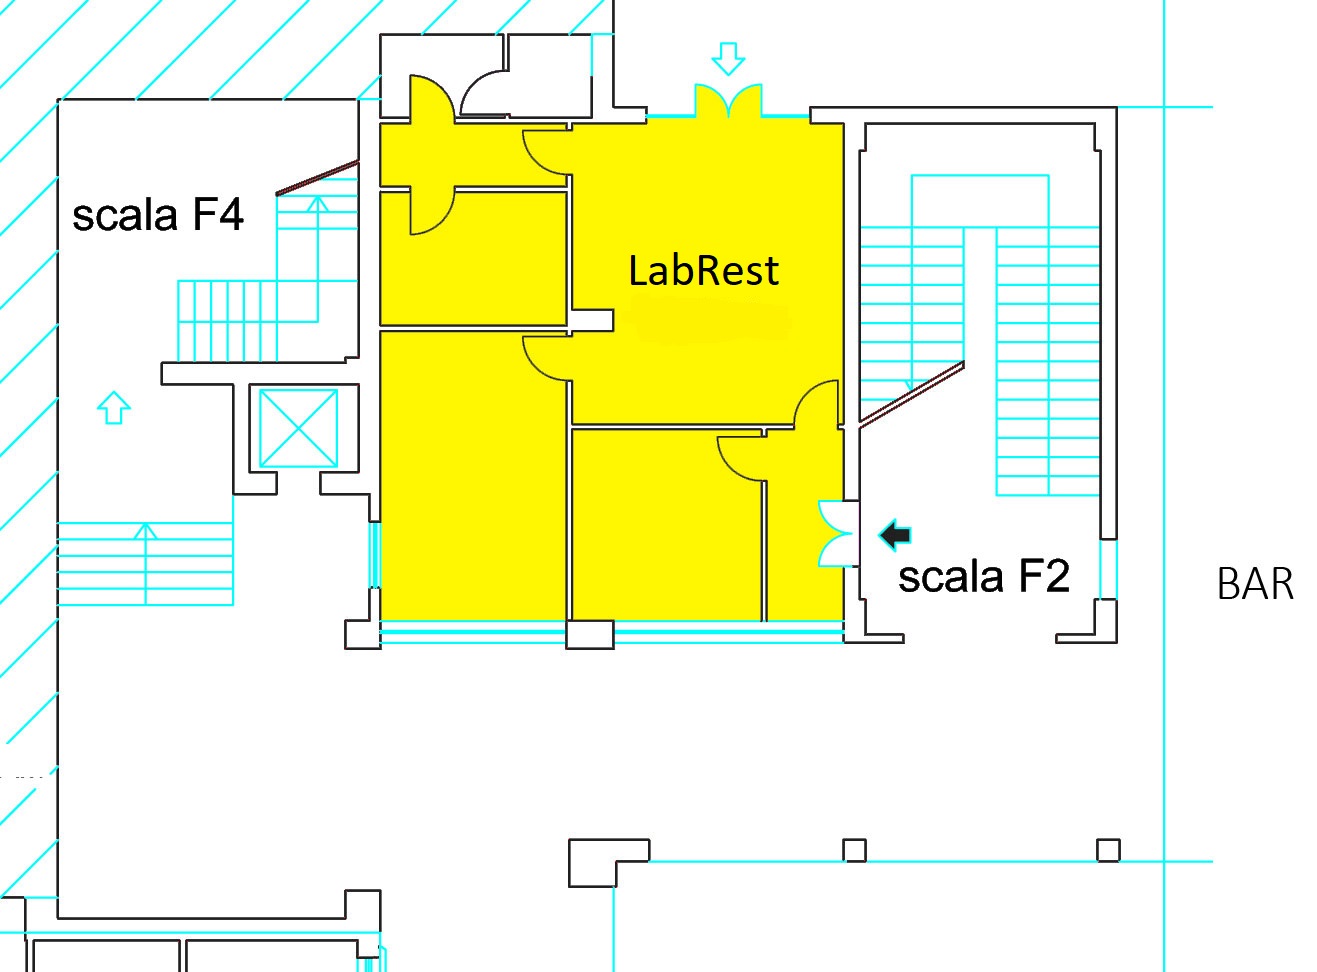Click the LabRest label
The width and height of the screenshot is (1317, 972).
(x=703, y=271)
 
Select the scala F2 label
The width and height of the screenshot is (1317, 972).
(x=984, y=577)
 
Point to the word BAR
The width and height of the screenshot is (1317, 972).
(x=1255, y=584)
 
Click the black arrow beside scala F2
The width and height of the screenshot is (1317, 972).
(x=895, y=535)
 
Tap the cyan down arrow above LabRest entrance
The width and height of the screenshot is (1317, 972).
(x=728, y=58)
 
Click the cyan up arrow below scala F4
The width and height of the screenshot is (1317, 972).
(x=113, y=407)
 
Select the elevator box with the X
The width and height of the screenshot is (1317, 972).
(x=299, y=428)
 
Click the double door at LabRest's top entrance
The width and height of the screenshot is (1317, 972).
(x=728, y=100)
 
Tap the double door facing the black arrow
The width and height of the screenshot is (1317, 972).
(x=831, y=533)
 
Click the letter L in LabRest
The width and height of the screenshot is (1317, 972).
(x=638, y=271)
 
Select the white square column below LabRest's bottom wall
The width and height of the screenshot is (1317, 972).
(x=590, y=635)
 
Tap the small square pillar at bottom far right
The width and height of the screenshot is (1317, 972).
(x=1108, y=850)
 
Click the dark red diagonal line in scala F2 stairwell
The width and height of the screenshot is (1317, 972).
(x=911, y=395)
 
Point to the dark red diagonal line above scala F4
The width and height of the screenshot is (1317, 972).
(x=318, y=178)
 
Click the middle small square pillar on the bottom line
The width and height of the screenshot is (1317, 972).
(x=854, y=850)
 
